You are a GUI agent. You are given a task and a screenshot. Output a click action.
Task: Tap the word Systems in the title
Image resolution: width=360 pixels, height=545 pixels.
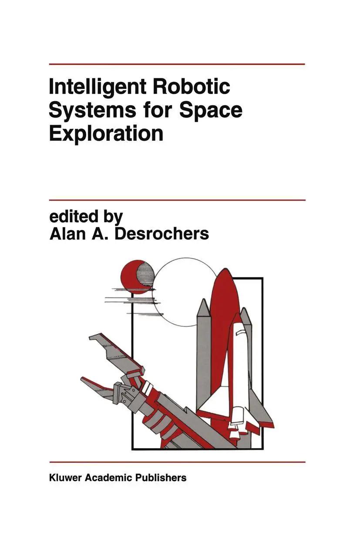coord(92,111)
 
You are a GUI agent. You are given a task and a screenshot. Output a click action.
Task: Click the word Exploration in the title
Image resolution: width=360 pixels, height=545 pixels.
coord(106,135)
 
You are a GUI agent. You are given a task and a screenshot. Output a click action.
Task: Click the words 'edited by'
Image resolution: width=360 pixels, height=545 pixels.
coord(86,217)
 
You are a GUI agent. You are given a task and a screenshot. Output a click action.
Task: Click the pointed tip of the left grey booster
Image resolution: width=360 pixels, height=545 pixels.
coord(203,299)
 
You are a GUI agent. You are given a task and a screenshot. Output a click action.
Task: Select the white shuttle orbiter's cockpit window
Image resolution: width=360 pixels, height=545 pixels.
coord(241,332)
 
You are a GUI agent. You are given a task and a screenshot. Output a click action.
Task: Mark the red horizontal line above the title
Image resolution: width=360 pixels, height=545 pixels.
coord(177,64)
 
